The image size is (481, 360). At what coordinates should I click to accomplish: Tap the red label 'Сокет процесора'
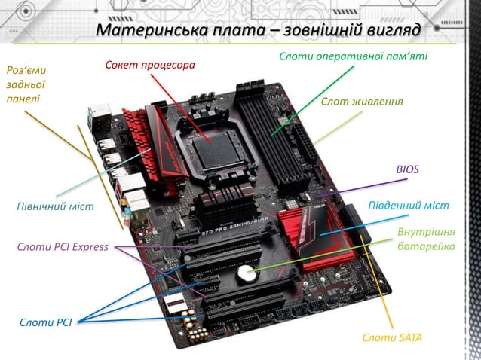coord(150,66)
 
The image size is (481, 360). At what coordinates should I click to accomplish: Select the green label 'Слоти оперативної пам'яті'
coord(353,56)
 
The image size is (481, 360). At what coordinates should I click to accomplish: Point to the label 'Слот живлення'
coord(362,102)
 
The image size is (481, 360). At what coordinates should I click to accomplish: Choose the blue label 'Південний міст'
coord(408,206)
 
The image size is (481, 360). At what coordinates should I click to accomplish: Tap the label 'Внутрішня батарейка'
coord(426,238)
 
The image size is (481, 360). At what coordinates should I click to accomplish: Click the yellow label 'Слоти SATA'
coord(392,337)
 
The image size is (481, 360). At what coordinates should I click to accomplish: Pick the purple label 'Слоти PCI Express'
coord(63,246)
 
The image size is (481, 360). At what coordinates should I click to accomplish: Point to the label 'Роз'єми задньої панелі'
coord(26,84)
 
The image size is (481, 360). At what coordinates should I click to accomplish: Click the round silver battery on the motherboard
coord(246,274)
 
